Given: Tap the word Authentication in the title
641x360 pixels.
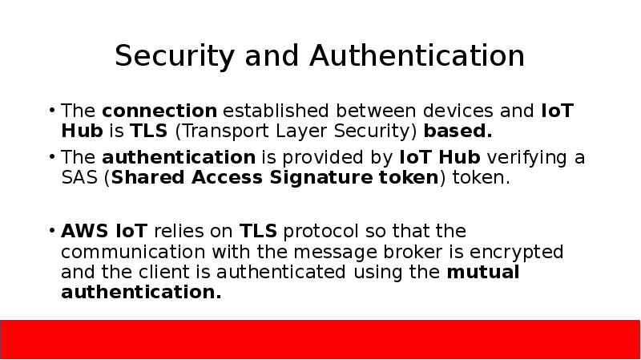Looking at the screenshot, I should click(x=417, y=56).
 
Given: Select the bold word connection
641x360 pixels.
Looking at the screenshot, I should click(x=159, y=111).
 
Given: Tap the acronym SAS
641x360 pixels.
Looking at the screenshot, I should click(x=79, y=177).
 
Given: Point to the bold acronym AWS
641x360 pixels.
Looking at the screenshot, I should click(x=84, y=233).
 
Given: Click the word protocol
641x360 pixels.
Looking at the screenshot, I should click(x=320, y=233).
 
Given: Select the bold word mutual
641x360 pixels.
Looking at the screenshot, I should click(x=483, y=273).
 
